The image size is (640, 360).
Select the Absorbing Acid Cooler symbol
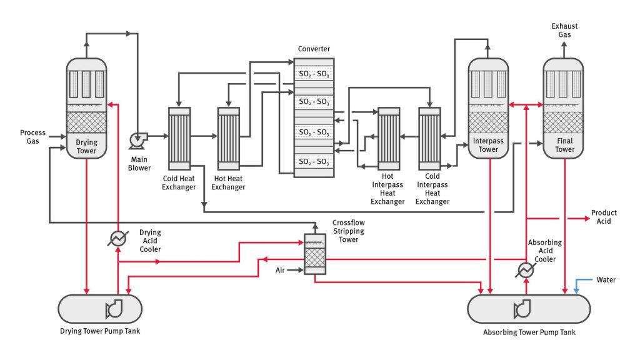point(526,269)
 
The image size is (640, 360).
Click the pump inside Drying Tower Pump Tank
point(115,308)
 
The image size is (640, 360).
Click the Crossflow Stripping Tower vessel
point(314,254)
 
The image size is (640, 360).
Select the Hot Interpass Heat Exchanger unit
point(389,139)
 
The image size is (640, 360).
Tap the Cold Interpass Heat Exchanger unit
point(429,139)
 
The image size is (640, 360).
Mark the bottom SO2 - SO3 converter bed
point(314,162)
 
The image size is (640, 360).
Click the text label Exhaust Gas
point(564,30)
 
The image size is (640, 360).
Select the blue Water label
point(606,279)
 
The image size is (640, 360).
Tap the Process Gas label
point(32,137)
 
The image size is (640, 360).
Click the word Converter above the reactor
point(314,49)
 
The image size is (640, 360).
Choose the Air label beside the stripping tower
point(281,271)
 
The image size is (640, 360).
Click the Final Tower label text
point(564,145)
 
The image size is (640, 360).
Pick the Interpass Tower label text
point(488,145)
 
